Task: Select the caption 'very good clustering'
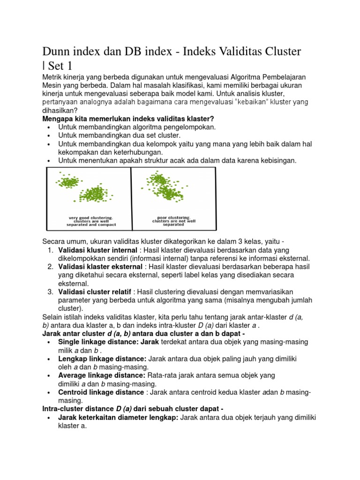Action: [90, 217]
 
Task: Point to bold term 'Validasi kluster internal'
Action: [97, 250]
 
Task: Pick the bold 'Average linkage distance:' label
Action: [102, 375]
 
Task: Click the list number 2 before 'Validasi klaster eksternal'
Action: [50, 267]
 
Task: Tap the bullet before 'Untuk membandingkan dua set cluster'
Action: [49, 135]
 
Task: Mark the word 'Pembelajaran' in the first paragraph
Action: [288, 76]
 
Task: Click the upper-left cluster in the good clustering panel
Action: [69, 180]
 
